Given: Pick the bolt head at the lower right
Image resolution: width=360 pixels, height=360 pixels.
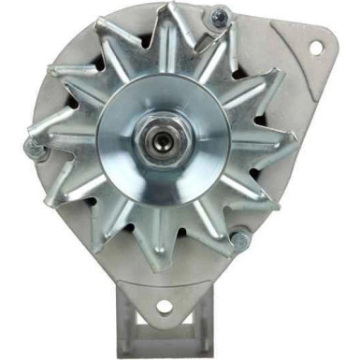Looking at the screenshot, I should tap(240, 241).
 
